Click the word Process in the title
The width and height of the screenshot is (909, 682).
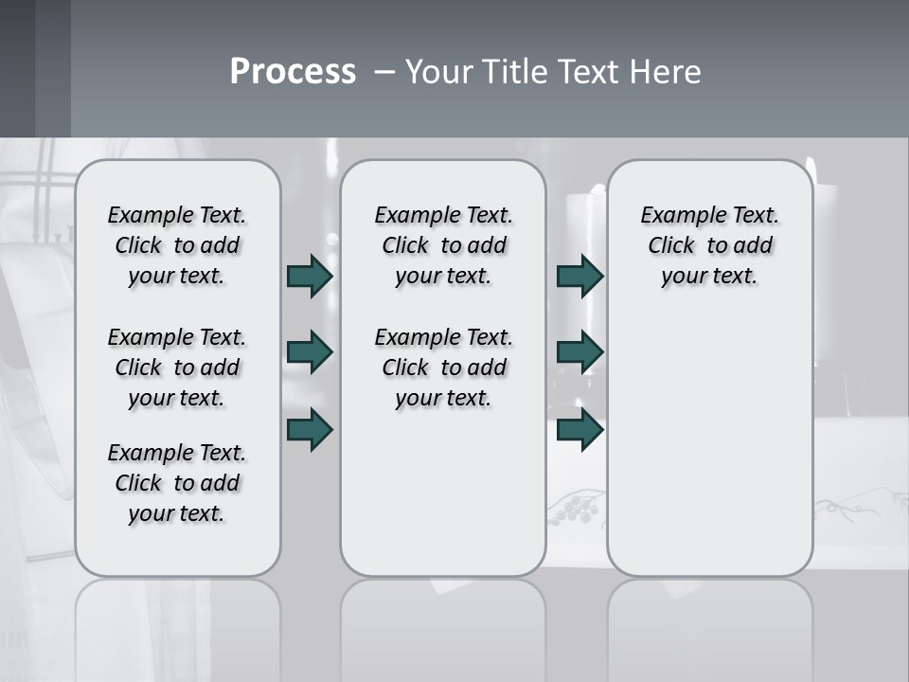pos(293,71)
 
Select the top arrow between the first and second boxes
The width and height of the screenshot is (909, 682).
pos(310,276)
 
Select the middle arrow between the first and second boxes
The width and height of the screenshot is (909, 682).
pos(310,352)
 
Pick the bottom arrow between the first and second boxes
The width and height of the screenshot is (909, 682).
pos(310,429)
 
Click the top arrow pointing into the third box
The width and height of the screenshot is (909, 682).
pos(579,276)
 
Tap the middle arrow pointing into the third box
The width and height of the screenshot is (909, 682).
pos(579,352)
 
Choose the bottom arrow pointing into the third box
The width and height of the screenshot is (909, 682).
pos(579,429)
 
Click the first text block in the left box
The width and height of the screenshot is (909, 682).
pos(177,245)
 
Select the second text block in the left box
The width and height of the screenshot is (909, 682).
pos(177,368)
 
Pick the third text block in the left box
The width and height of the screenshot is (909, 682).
pos(177,483)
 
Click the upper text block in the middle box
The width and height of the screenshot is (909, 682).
pos(443,245)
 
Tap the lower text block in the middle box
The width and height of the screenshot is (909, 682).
pos(443,368)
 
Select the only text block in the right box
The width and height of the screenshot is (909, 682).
pos(709,245)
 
